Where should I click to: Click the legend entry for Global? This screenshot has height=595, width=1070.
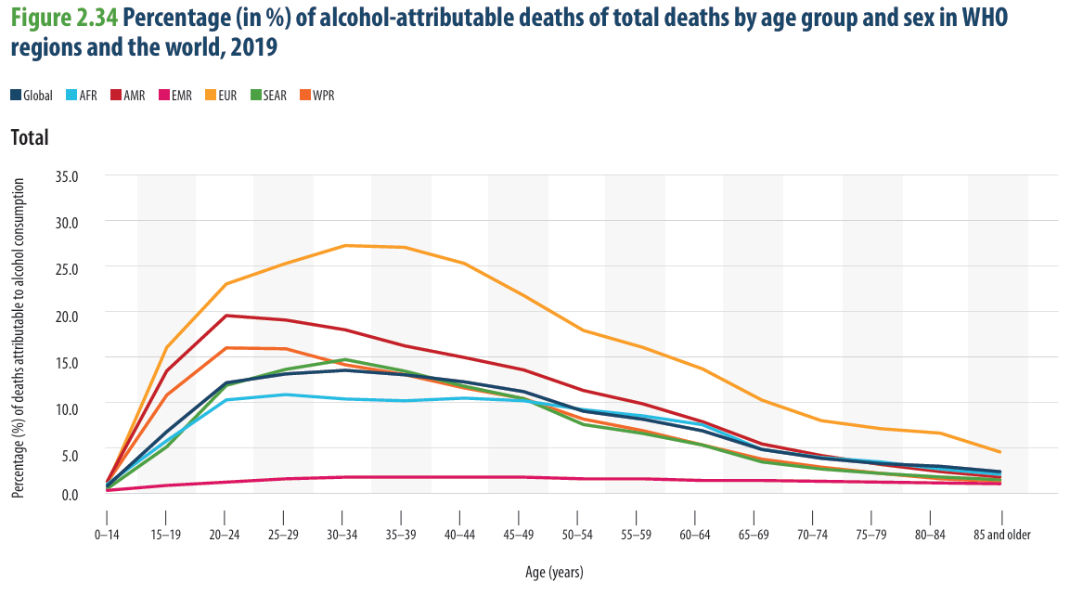tap(32, 96)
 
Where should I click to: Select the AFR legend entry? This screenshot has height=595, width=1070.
tap(82, 96)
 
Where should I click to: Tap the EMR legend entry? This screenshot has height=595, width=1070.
tap(175, 96)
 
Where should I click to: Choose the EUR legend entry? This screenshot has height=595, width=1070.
tap(221, 96)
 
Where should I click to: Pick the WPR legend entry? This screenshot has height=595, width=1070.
tap(317, 96)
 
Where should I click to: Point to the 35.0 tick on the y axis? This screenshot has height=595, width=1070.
tap(66, 176)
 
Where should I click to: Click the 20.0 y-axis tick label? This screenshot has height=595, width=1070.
tap(66, 316)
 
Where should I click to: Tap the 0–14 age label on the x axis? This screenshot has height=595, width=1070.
tap(107, 535)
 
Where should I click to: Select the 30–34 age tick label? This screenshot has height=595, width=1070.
tap(342, 535)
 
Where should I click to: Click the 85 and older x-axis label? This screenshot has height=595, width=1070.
tap(1001, 535)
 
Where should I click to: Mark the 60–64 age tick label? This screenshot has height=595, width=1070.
tap(695, 535)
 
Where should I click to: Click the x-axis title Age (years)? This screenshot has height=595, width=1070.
tap(554, 572)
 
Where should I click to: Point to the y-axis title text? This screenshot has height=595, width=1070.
tap(19, 338)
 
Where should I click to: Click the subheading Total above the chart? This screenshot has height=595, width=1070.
tap(30, 137)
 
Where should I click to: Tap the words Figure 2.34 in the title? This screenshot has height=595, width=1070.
tap(65, 18)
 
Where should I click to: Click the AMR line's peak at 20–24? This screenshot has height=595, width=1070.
tap(225, 316)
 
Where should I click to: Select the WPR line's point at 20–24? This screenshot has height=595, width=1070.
tap(225, 348)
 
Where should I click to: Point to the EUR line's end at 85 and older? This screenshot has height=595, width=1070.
tap(1000, 452)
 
